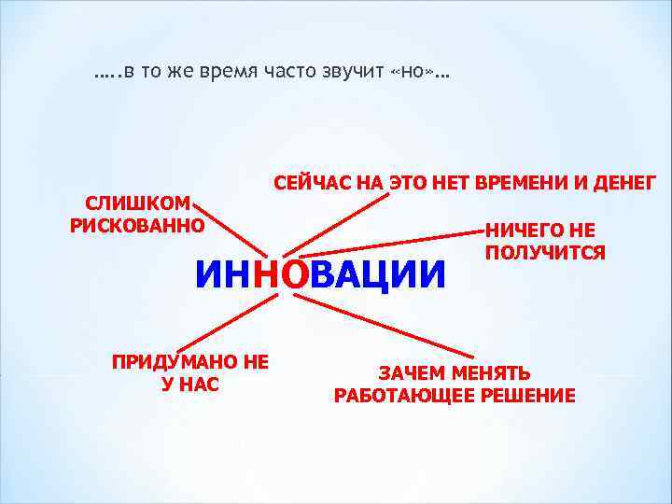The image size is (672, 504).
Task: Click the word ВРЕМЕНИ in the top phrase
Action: click(518, 182)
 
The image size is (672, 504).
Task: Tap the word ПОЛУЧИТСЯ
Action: click(545, 253)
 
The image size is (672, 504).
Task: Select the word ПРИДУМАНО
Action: click(175, 362)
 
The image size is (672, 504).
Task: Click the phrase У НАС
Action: click(190, 384)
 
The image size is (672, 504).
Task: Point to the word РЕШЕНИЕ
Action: click(527, 396)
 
